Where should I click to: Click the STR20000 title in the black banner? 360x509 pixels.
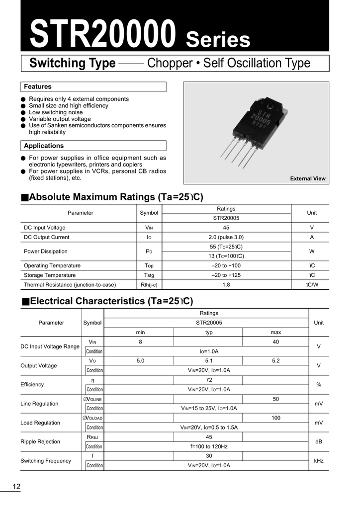coord(103,33)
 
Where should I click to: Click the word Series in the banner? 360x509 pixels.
coord(218,39)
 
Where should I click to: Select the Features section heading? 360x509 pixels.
coord(38,86)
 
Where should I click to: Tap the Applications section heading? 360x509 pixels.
coord(44,146)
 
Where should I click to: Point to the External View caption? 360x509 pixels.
coord(308,178)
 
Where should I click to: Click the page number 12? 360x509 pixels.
coord(16,487)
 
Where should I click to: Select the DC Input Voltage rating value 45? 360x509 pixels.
coord(226,228)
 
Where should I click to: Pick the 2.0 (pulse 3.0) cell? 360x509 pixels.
coord(226,237)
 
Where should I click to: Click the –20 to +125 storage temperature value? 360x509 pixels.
coord(226,275)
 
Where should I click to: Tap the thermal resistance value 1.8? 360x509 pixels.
coord(226,285)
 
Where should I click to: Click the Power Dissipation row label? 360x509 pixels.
coord(46,252)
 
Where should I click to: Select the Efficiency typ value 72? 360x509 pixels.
coord(209,380)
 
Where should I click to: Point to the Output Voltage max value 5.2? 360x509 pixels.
coord(276,361)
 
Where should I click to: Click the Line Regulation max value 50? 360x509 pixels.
coord(276,399)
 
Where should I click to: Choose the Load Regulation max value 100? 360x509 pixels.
coord(276,418)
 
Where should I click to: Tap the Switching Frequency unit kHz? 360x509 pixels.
coord(319,461)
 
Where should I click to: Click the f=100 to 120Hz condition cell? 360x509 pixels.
coord(209,446)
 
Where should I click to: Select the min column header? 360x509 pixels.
coord(140,332)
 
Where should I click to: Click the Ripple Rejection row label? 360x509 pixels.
coord(40,441)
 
